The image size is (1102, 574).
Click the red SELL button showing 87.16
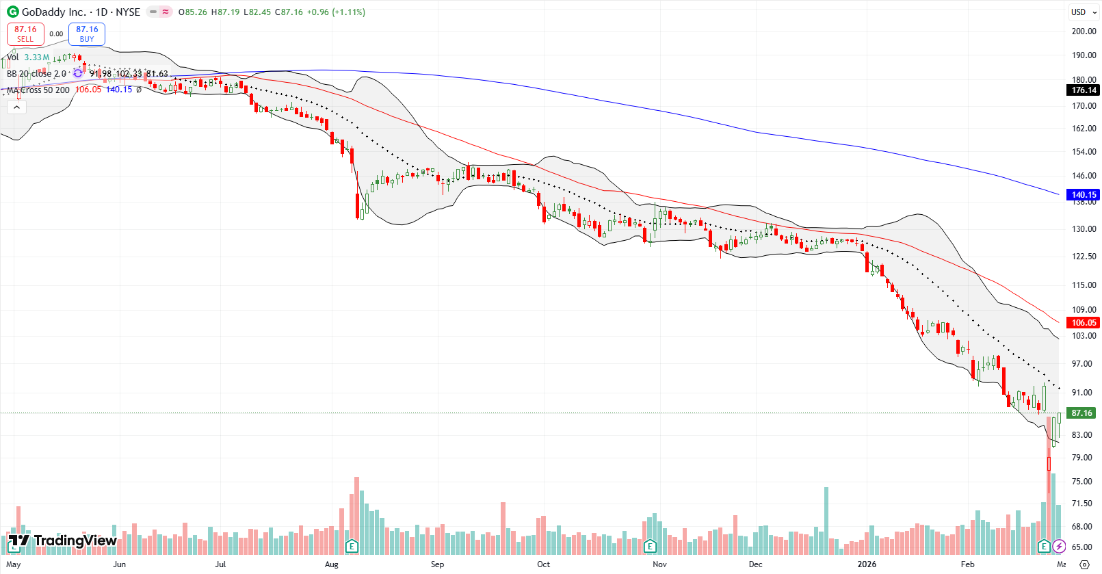[x=25, y=34]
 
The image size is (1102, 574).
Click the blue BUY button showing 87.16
[x=87, y=34]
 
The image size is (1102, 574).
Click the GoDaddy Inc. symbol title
[x=53, y=12]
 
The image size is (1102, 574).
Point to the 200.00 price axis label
[x=1084, y=31]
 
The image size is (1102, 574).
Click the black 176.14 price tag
[x=1084, y=90]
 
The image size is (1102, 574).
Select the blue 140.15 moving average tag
[x=1084, y=195]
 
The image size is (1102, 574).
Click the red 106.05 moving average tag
[x=1084, y=323]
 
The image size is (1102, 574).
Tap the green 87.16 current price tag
[x=1082, y=413]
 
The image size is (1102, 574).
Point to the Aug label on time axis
[x=332, y=564]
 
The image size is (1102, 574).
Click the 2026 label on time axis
[x=867, y=564]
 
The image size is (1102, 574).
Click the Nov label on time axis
[x=659, y=564]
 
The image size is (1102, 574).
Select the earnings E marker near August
[x=352, y=546]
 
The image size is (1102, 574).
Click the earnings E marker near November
[x=650, y=546]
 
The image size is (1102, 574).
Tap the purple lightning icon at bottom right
[x=1059, y=546]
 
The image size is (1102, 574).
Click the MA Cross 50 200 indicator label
[x=38, y=90]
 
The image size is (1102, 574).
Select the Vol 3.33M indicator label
[x=28, y=57]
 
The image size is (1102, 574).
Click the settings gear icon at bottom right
[x=1084, y=564]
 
